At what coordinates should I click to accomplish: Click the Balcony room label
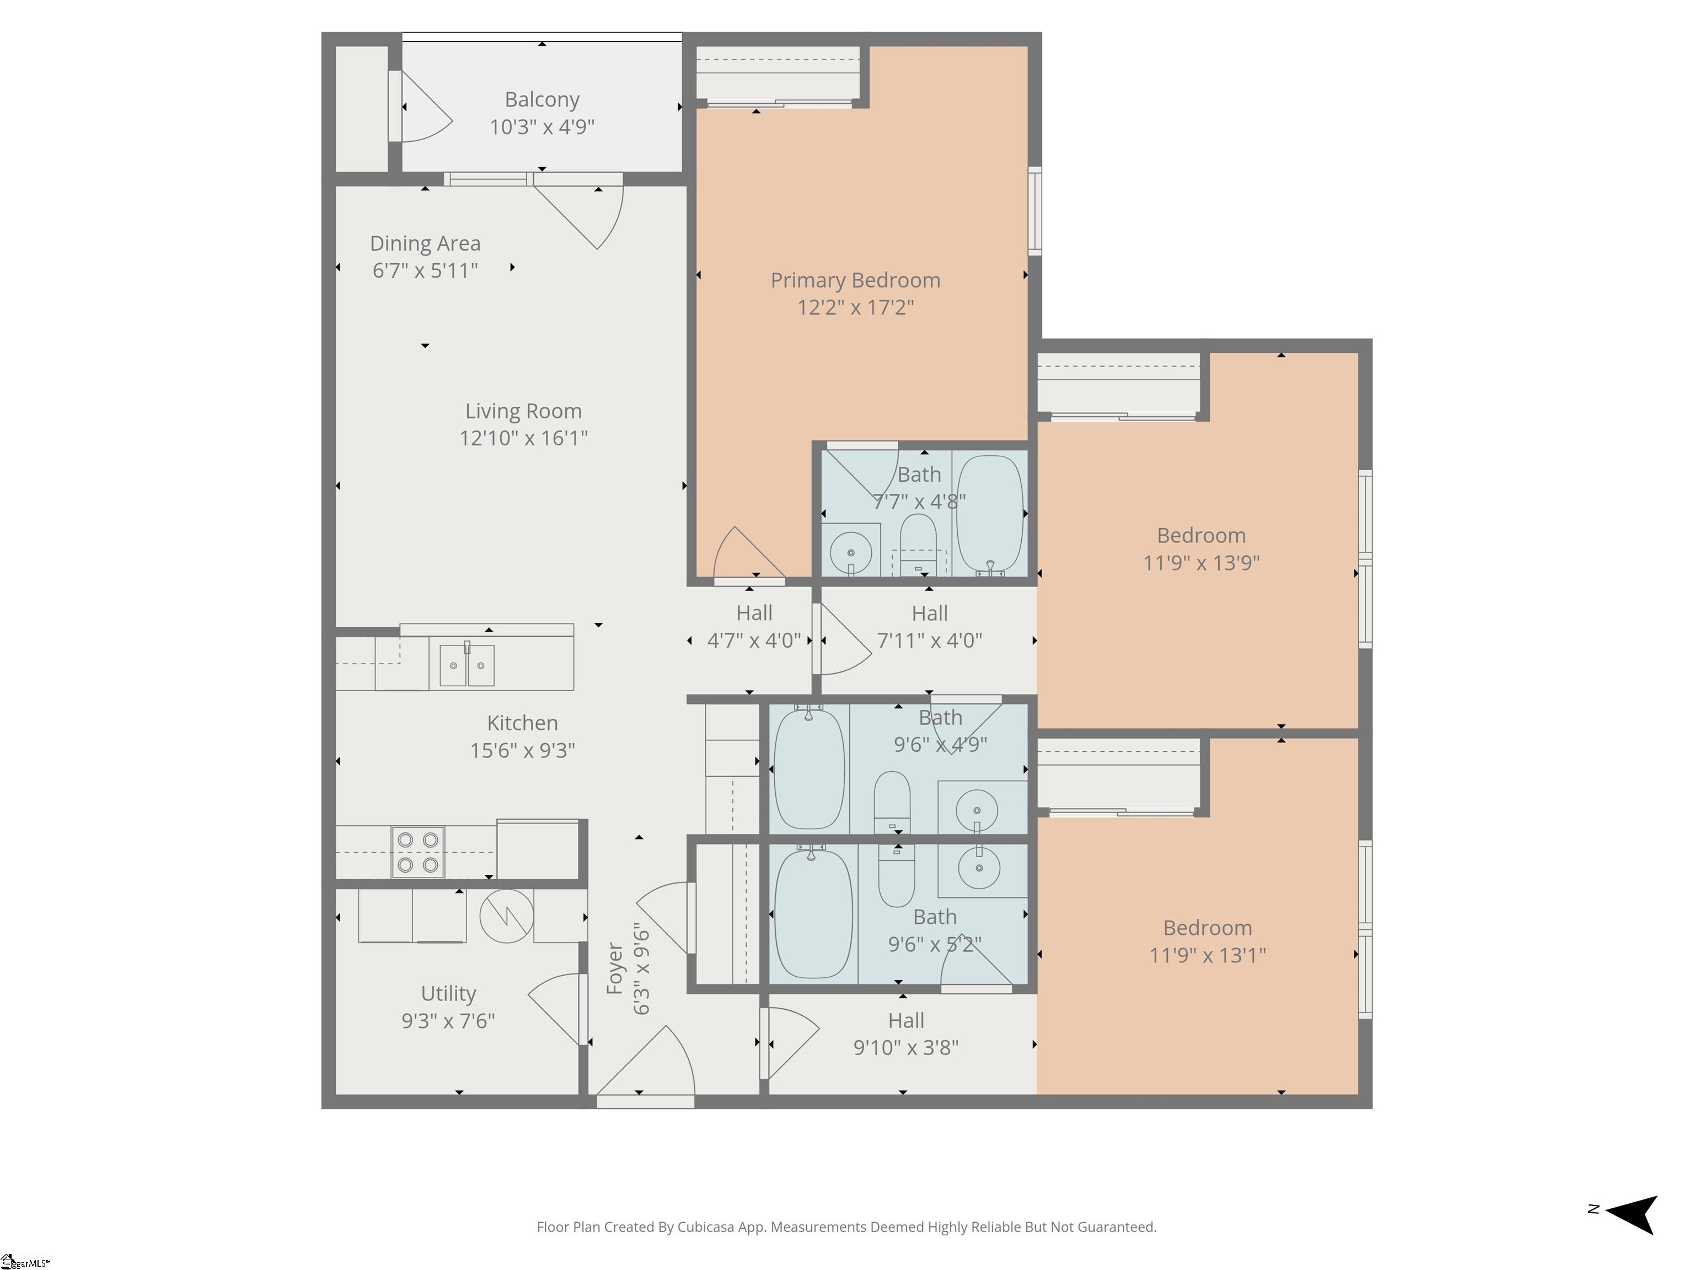[x=542, y=100]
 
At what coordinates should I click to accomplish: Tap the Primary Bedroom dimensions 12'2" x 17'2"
[x=855, y=307]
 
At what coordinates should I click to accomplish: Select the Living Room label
[x=524, y=411]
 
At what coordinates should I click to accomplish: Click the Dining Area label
[x=425, y=244]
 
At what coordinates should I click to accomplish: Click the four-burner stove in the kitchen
[x=417, y=852]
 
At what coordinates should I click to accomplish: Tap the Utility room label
[x=449, y=994]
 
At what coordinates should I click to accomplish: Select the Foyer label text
[x=615, y=968]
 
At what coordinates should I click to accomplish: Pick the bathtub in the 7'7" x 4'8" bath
[x=989, y=514]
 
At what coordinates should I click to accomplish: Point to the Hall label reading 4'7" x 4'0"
[x=754, y=626]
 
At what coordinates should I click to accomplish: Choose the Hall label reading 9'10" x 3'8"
[x=906, y=1034]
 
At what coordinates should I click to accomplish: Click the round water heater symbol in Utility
[x=506, y=916]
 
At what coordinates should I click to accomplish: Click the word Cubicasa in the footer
[x=706, y=1227]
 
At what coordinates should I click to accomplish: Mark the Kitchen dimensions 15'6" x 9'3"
[x=522, y=750]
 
